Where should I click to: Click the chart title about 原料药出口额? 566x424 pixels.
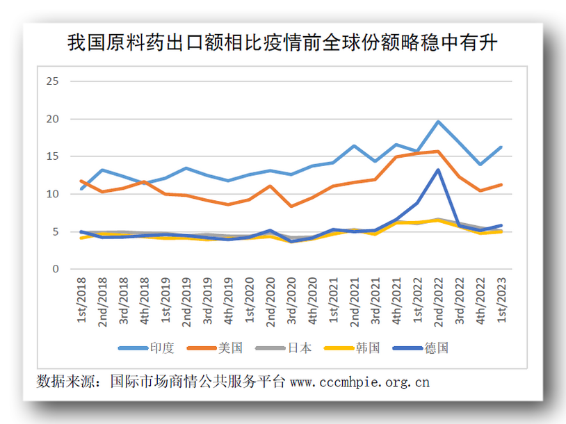[282, 43]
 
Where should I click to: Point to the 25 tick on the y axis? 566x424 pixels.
[53, 81]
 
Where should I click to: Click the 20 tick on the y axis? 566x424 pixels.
[53, 119]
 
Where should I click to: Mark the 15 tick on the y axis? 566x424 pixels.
[53, 156]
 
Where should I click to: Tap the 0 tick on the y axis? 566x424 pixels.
[56, 269]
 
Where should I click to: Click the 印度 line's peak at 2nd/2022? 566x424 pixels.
[438, 122]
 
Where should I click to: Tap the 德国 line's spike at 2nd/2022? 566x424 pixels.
[438, 170]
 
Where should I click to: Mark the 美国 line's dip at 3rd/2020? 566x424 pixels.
[291, 206]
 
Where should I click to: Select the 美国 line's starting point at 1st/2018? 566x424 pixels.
[82, 181]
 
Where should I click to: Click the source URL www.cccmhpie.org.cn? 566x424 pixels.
[359, 382]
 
